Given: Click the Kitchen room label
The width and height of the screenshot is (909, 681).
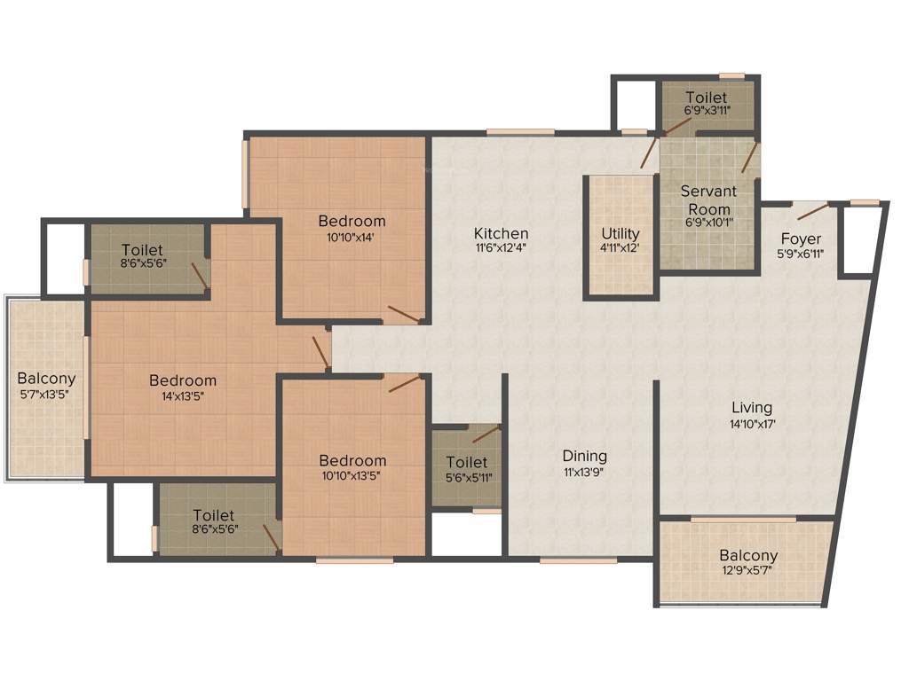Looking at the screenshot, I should coord(501,234).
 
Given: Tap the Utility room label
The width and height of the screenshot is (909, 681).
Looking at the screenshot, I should coord(620,234).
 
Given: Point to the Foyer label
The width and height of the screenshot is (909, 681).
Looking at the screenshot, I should coord(801,239).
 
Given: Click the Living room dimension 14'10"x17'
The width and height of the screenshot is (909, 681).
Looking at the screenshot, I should coord(752,424).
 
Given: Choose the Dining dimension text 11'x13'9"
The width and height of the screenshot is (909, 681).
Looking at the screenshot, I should coord(585,472).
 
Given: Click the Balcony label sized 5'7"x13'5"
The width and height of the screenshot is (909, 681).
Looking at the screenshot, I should coord(46,394).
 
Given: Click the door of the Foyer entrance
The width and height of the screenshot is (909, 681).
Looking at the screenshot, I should coord(813,211).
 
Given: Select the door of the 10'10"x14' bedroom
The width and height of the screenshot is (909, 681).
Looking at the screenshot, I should coord(404,313).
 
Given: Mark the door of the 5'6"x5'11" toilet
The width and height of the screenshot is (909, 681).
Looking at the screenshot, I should coord(486,434).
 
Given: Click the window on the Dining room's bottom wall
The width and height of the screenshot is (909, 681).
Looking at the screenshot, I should coord(578,560).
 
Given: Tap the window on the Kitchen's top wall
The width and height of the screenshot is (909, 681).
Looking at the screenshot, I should coord(520,133).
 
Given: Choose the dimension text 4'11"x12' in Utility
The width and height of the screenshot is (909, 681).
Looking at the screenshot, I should coord(620,248).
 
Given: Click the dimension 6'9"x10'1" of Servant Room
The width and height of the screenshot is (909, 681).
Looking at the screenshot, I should coord(707,223).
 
